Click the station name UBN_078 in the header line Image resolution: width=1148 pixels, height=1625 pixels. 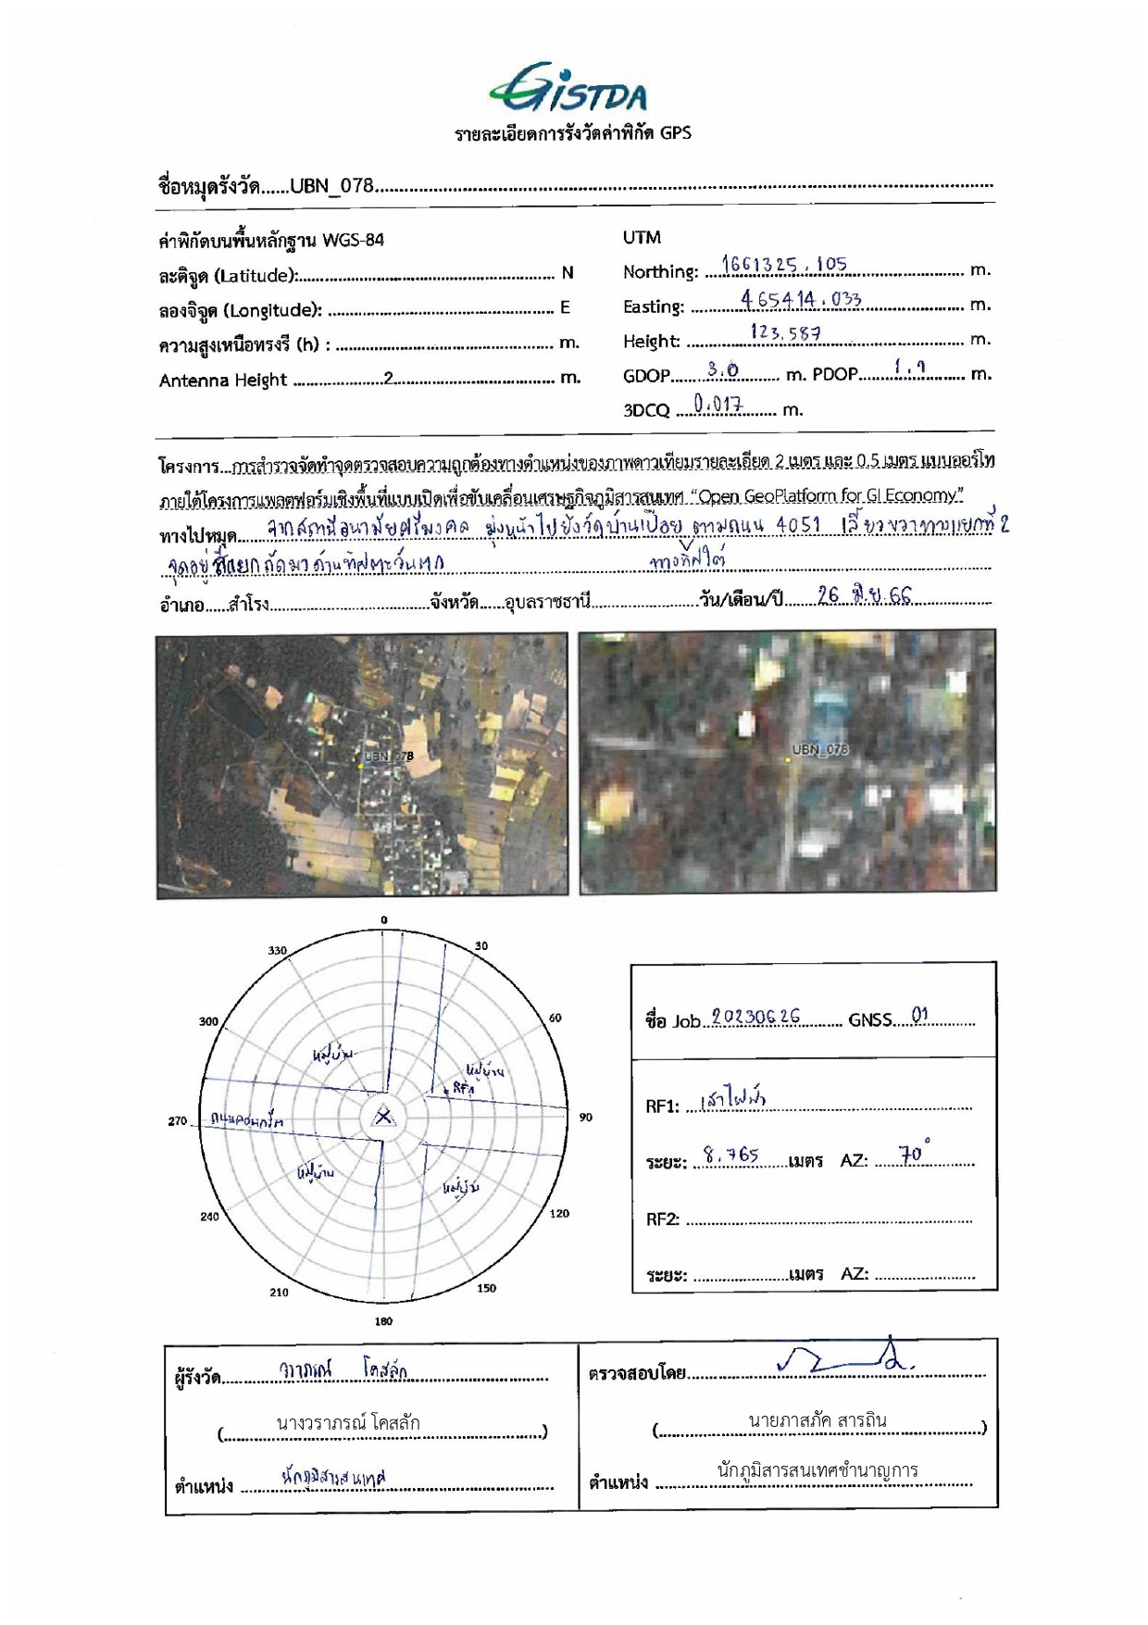point(331,185)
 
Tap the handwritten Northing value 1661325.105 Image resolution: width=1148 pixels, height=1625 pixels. point(783,264)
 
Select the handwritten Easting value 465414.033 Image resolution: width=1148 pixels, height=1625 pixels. point(801,298)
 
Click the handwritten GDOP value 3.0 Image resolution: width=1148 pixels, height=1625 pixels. point(722,369)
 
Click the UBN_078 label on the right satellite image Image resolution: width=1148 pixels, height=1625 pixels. point(819,749)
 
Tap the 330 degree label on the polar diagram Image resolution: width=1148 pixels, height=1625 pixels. point(278,951)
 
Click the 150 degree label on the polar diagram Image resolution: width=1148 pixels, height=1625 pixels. point(486,1287)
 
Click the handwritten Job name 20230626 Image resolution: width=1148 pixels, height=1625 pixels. point(755,1017)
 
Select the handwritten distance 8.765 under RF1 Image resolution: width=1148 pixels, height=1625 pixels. point(730,1155)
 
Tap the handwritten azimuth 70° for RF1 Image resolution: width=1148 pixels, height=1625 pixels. point(914,1154)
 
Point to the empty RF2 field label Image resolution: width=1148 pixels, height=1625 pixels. point(663,1219)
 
